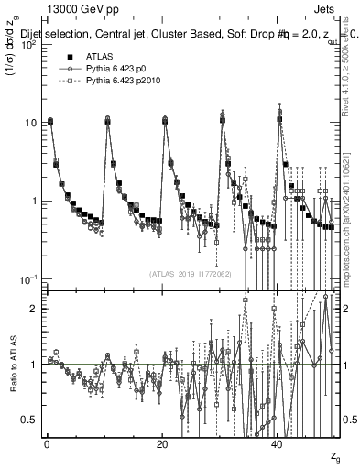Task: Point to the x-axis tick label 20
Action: pyautogui.click(x=162, y=445)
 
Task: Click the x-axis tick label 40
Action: pyautogui.click(x=278, y=445)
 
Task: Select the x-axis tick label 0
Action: pyautogui.click(x=47, y=445)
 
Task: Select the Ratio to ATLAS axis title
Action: pyautogui.click(x=12, y=364)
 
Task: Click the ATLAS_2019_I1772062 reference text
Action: pyautogui.click(x=191, y=273)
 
